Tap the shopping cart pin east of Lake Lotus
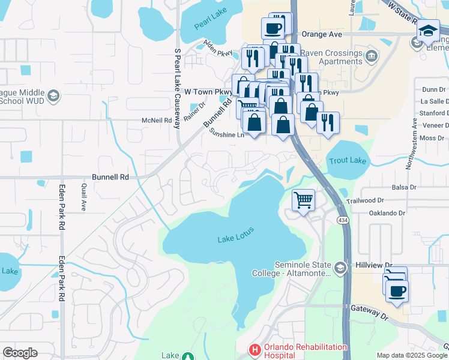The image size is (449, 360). click(304, 200)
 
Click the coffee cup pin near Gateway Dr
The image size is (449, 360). click(397, 292)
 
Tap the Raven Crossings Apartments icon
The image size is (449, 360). click(372, 56)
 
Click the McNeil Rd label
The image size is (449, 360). click(157, 120)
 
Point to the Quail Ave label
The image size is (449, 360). click(83, 197)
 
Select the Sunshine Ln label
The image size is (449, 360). click(227, 135)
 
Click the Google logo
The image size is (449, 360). click(20, 353)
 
